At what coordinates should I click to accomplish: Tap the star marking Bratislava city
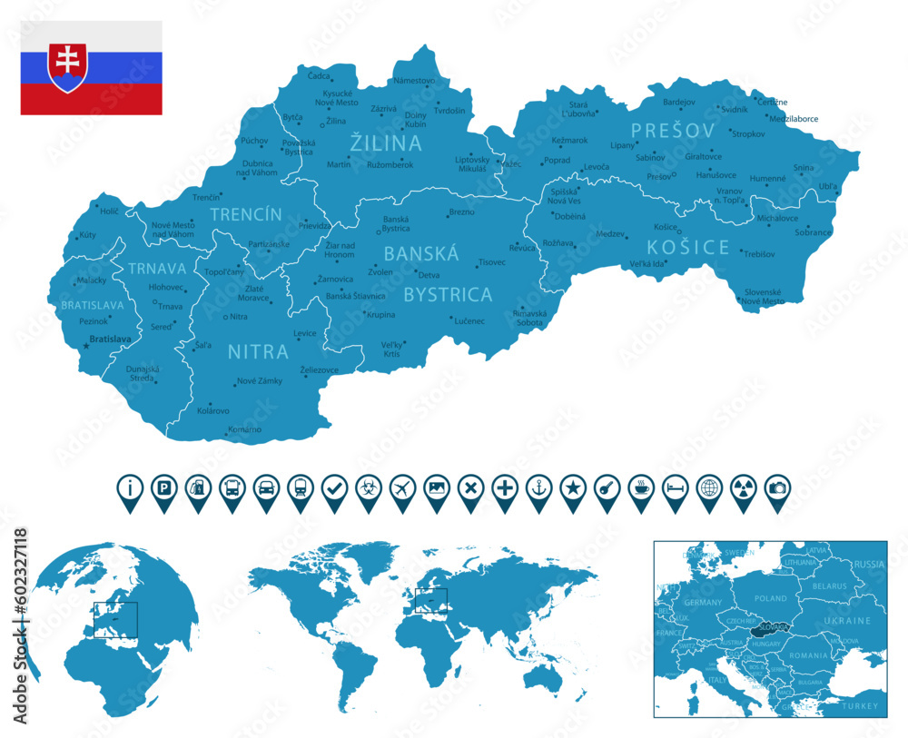pos(86,346)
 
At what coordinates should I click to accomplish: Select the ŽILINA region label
pos(387,143)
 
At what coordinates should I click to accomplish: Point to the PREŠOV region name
pos(673,131)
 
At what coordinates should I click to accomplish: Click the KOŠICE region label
pos(688,247)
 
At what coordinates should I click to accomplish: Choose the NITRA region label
pos(258,351)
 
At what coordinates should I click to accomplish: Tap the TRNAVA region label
pos(157,269)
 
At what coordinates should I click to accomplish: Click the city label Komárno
pos(245,428)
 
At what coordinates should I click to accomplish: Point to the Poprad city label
pos(557,161)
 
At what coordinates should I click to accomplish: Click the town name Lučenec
pos(469,320)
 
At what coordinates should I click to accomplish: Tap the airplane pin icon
pos(402,487)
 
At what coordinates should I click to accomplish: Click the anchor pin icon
pos(538,487)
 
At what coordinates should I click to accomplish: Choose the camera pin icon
pos(777,487)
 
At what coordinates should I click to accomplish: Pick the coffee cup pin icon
pos(641,487)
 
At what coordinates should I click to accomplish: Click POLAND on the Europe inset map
pos(771,598)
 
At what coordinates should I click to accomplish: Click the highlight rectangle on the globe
pos(114,618)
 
